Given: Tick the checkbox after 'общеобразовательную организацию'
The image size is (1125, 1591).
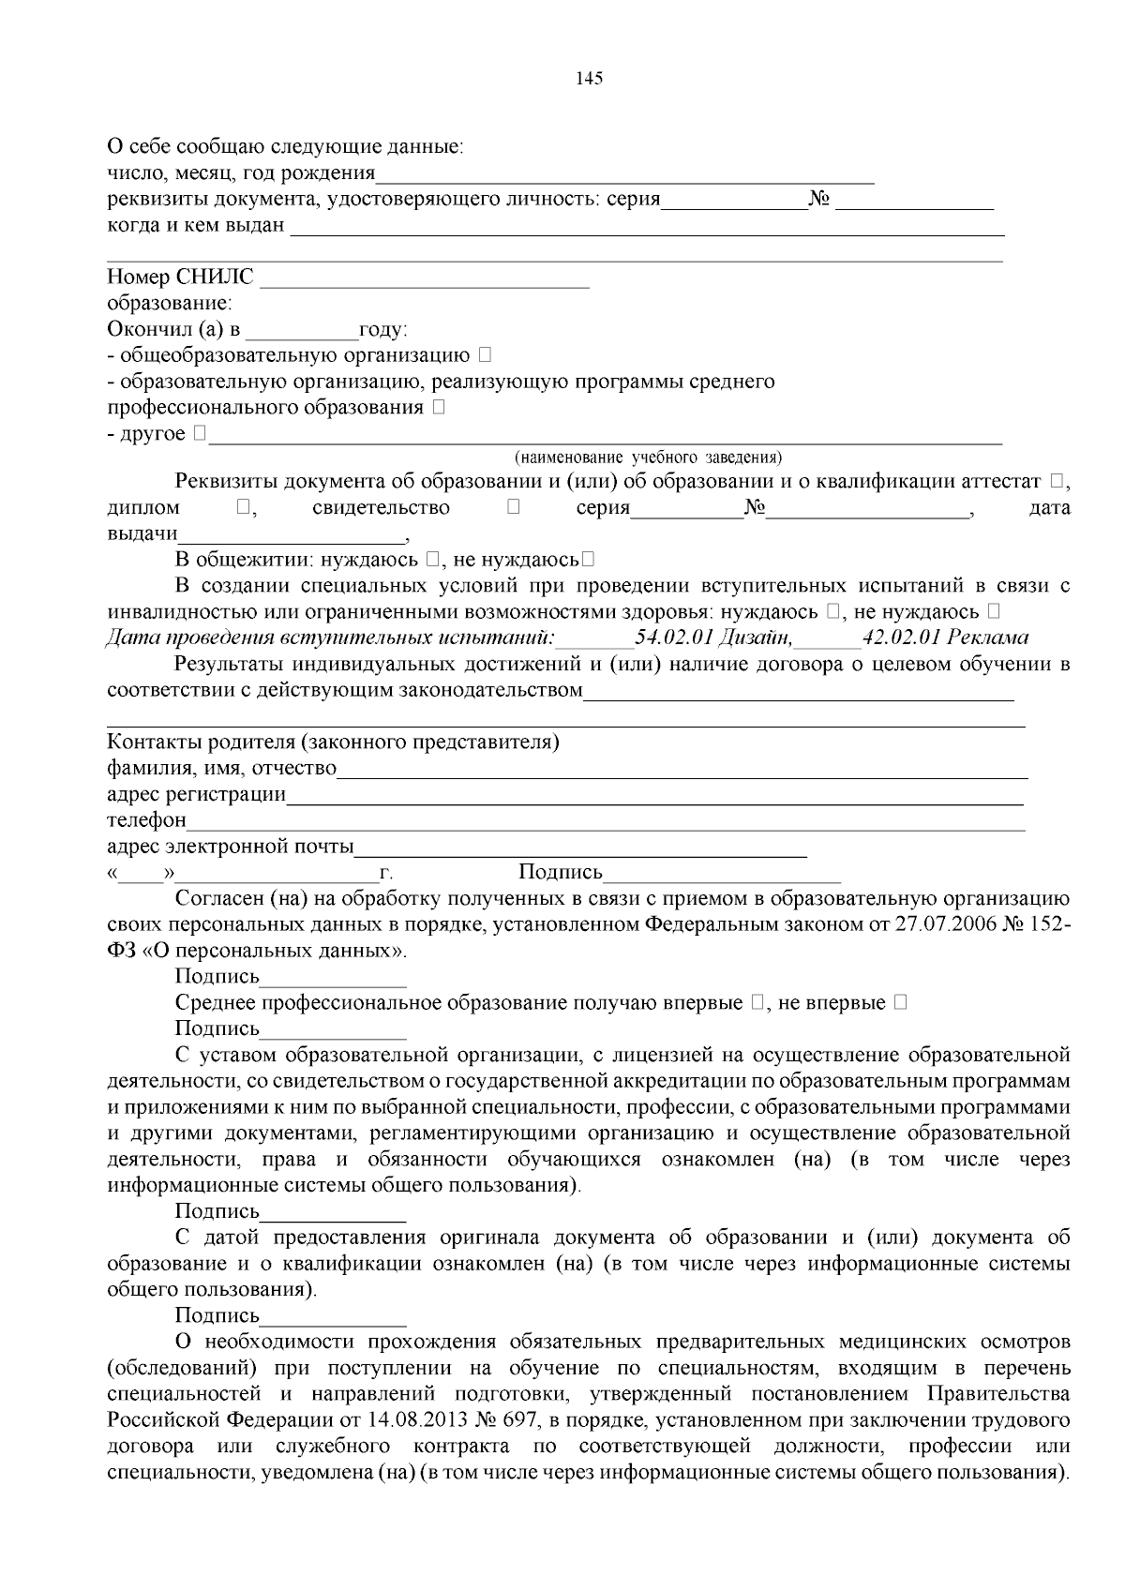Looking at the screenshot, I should point(484,355).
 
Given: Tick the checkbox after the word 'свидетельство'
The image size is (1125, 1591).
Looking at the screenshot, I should point(513,508).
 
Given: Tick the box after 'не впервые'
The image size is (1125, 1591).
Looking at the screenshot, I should point(900,1003).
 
